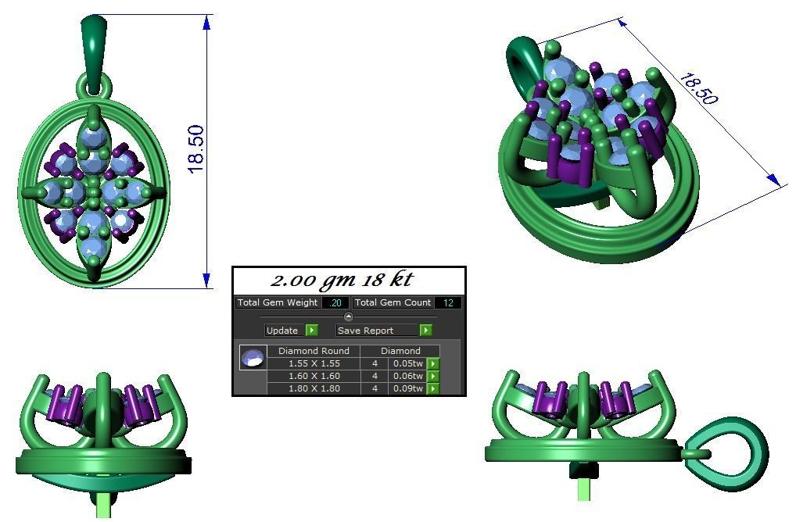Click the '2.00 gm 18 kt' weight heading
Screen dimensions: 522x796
coord(342,281)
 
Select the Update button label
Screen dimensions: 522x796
coord(282,331)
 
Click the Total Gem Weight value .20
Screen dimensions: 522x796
coord(335,303)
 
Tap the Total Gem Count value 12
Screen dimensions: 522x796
coord(447,303)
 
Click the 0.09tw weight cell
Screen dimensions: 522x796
coord(407,388)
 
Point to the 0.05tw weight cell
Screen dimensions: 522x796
coord(407,363)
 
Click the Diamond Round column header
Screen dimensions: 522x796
coord(314,351)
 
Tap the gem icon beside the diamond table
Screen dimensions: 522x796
coord(253,358)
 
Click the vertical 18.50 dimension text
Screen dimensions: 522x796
coord(195,148)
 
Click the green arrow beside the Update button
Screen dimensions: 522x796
coord(311,331)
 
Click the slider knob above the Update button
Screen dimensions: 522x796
coord(349,316)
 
